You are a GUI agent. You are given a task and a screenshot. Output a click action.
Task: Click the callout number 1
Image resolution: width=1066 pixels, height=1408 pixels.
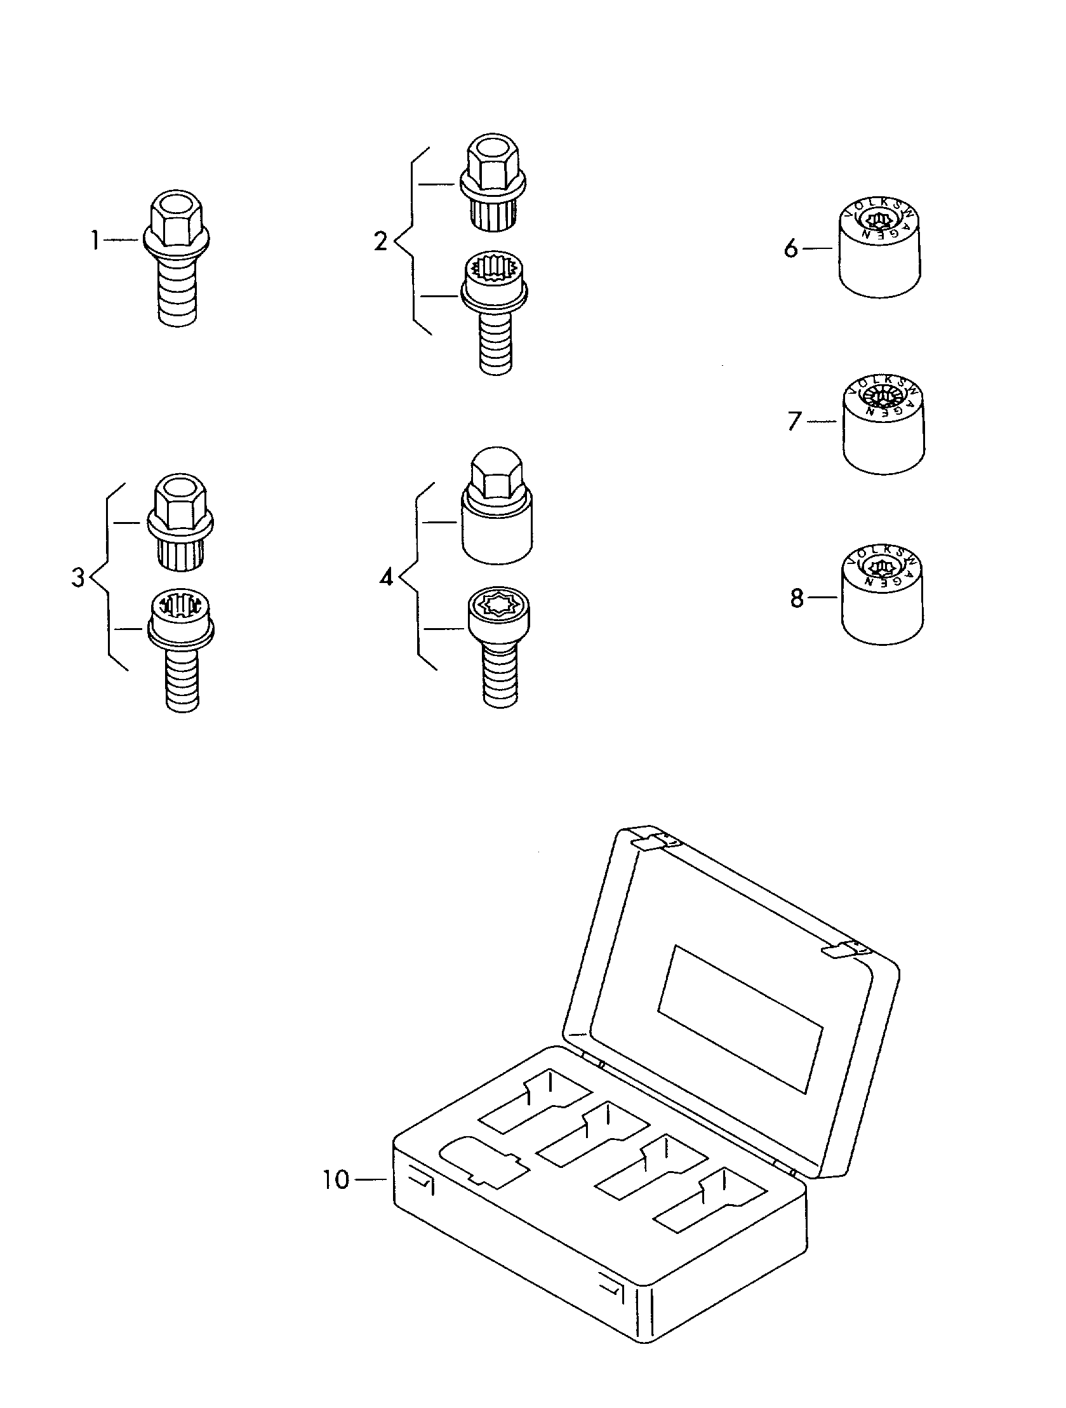[95, 241]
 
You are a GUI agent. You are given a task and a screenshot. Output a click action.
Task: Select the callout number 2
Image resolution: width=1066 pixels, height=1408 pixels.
[380, 241]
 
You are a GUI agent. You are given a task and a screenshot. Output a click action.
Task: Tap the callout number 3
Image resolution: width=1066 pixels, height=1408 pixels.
[77, 578]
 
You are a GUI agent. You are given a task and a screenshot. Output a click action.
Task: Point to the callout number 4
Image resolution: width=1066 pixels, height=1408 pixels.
[386, 578]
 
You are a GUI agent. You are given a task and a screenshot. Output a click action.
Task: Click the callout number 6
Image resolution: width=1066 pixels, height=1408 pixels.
[790, 249]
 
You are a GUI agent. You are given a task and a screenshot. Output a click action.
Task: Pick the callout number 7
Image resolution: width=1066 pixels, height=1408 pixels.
[794, 420]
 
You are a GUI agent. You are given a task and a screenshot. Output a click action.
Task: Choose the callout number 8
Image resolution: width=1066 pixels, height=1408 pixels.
[797, 598]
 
